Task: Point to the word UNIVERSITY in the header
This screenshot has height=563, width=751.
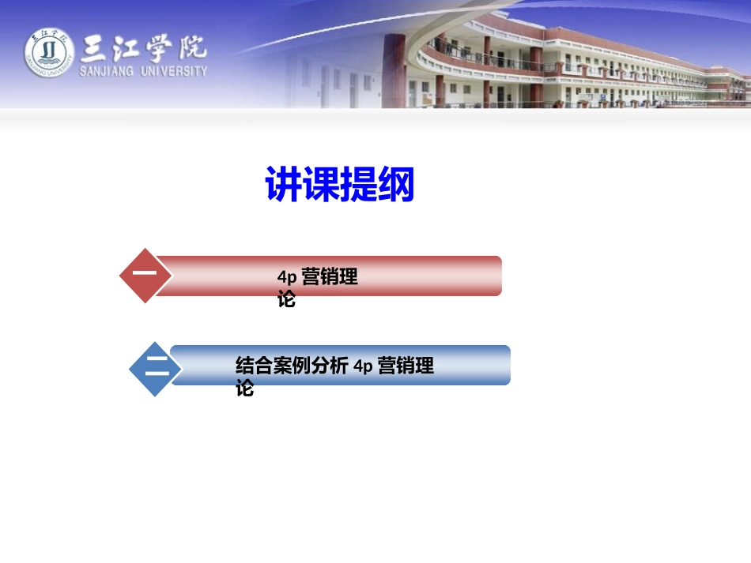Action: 175,70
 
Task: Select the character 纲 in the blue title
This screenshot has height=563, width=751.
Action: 396,185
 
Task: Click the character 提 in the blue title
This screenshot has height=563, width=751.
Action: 359,185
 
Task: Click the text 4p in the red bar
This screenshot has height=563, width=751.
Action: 286,278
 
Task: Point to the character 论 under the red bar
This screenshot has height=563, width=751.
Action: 286,299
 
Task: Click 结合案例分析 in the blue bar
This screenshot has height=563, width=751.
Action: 292,366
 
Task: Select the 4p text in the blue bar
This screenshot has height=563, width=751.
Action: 363,366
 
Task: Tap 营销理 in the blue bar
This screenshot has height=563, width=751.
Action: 406,366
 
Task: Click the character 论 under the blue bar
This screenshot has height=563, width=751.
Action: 245,388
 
